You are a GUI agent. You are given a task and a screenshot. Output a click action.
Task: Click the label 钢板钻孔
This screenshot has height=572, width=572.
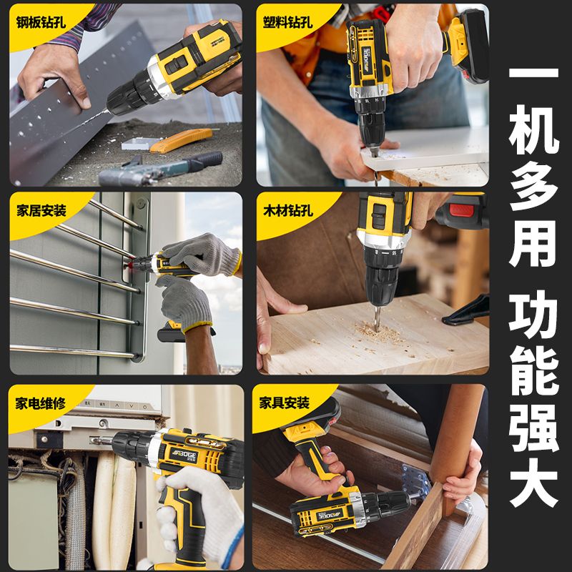pos(41,23)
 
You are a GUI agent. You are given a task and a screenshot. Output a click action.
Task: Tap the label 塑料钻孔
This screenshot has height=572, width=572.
pos(288,22)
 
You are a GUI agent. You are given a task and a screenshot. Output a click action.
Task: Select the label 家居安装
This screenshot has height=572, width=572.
pos(41,210)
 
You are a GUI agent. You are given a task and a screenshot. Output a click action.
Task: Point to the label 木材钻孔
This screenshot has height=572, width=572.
pos(288,210)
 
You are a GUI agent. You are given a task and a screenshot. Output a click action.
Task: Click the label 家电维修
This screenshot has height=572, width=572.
pos(41,403)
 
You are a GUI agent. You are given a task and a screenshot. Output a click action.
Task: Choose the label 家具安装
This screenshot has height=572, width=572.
pos(284,403)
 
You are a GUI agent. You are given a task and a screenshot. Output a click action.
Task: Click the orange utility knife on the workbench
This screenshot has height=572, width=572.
pos(181,140)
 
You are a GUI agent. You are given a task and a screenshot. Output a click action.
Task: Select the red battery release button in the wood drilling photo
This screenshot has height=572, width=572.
pos(461,210)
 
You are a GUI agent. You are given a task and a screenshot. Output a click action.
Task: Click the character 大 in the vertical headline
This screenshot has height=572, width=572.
pos(533,485)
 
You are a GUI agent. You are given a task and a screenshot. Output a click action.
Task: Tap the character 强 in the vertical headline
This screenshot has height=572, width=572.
pos(533,428)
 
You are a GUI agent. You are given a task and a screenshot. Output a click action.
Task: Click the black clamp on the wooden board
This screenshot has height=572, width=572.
pos(466,311)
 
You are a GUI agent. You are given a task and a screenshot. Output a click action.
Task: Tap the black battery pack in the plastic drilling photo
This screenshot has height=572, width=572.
pos(473,46)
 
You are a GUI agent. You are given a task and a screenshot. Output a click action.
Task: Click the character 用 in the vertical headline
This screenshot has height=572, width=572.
pos(533,244)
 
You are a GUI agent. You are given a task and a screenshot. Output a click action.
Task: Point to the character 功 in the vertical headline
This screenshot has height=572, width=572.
pos(533,315)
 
